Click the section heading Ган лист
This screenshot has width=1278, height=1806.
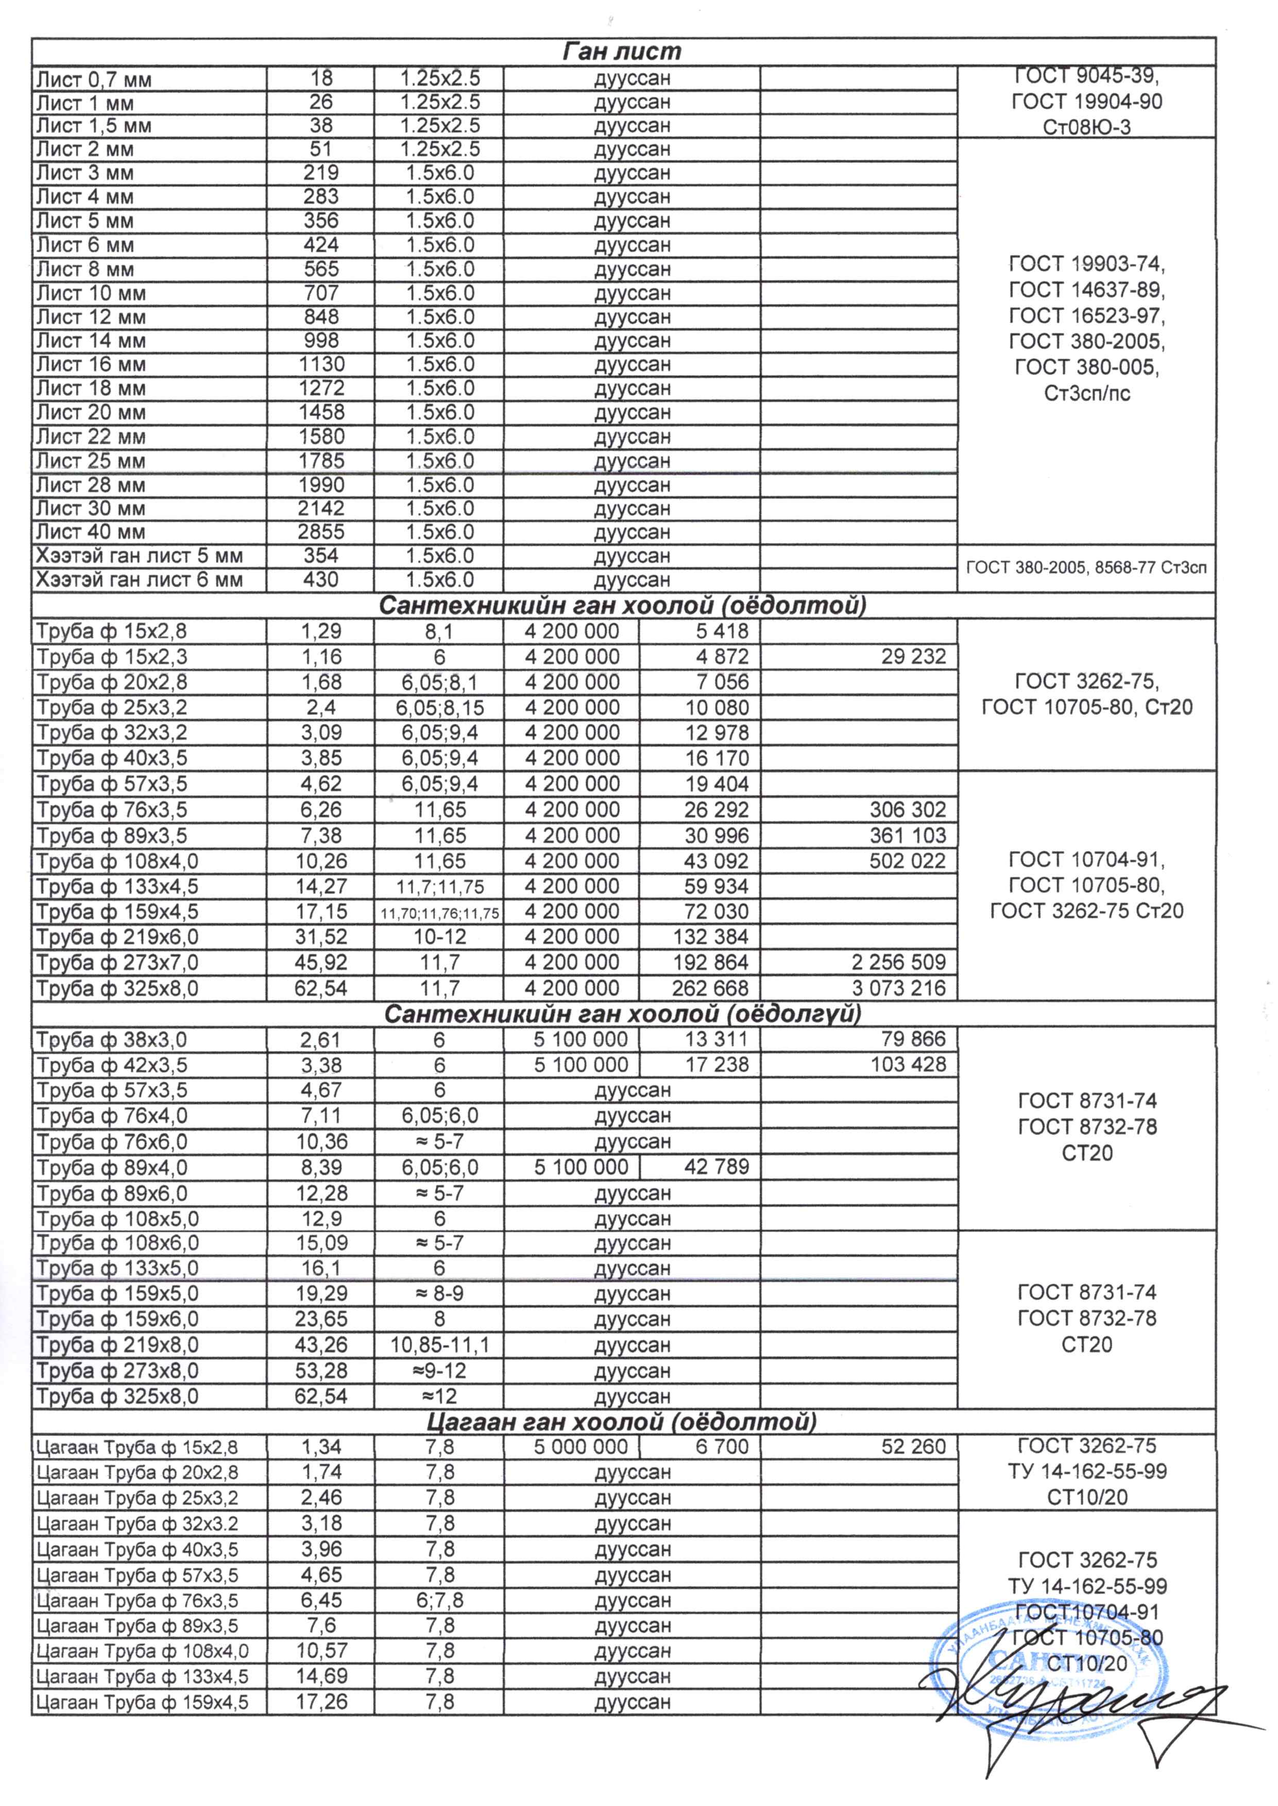622,52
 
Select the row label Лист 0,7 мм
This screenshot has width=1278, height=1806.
94,79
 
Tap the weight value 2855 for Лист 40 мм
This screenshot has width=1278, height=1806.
321,532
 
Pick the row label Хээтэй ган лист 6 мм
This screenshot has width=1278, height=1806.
139,580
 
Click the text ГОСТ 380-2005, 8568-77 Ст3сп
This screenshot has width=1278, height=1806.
1086,568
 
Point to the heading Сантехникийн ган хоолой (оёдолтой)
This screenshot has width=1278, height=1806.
622,606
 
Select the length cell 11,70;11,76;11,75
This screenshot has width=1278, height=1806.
438,912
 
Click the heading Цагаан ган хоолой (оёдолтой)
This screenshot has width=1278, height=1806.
622,1421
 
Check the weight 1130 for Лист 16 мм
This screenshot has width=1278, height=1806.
321,364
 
